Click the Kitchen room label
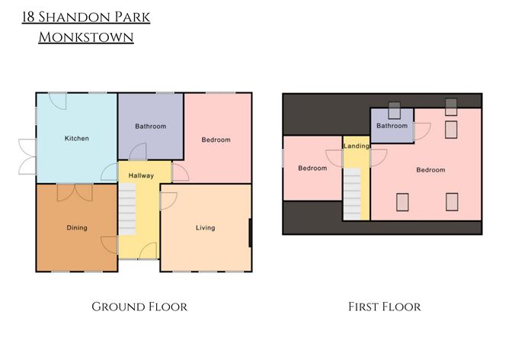click(x=77, y=138)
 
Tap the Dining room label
click(x=77, y=228)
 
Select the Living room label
click(x=205, y=228)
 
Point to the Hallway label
click(x=141, y=175)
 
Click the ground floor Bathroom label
click(x=151, y=126)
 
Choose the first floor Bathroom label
click(x=392, y=126)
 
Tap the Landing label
click(x=356, y=146)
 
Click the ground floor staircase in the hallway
click(x=127, y=209)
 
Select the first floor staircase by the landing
click(x=352, y=194)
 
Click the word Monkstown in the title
click(x=86, y=37)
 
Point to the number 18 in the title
click(x=28, y=18)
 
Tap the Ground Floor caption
click(x=139, y=307)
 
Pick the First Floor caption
click(x=384, y=307)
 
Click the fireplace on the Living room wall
click(x=250, y=233)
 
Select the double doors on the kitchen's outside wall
click(x=27, y=156)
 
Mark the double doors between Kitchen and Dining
click(x=75, y=192)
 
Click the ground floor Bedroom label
click(x=216, y=140)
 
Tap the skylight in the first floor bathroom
click(x=395, y=111)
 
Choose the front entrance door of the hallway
click(x=148, y=251)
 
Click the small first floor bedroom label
click(x=312, y=168)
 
